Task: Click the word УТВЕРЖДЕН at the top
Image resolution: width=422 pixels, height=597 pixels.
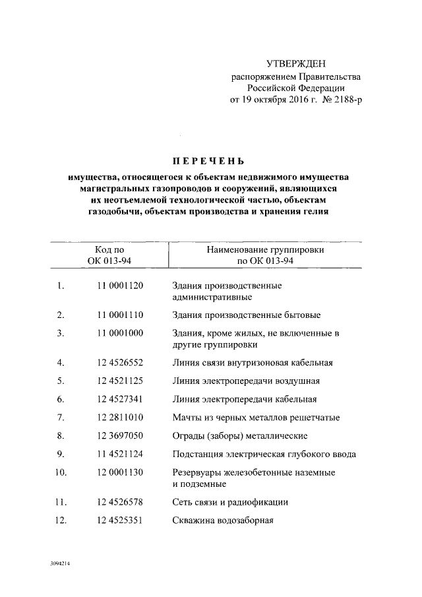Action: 295,64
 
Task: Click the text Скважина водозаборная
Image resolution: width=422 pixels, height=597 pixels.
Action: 223,520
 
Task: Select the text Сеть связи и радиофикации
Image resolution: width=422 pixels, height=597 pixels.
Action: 230,502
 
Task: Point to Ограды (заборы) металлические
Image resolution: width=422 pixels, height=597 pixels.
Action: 240,435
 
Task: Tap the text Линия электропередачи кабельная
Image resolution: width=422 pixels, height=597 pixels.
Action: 245,399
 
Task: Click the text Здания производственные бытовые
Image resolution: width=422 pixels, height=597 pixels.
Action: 247,314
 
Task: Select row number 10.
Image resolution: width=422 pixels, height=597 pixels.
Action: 60,472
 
